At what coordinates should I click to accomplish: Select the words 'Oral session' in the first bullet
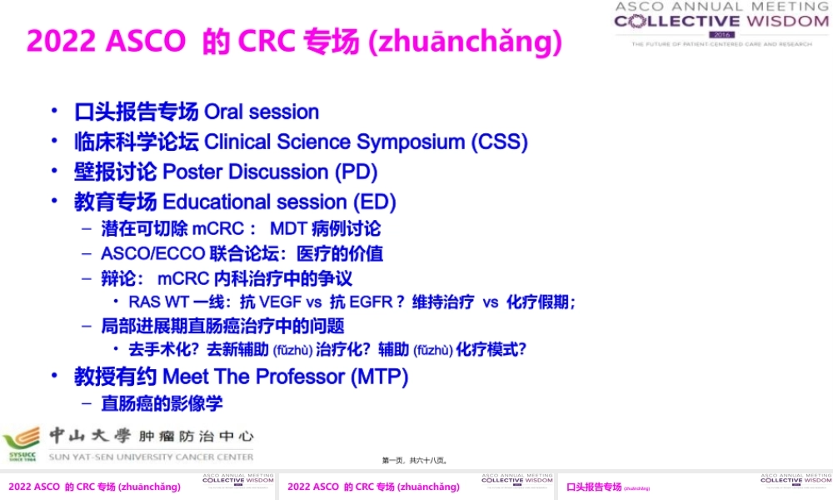tap(262, 112)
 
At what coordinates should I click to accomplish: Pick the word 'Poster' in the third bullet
tap(192, 172)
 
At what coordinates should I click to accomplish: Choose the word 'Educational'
tap(219, 202)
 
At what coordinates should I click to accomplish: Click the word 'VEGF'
tap(281, 302)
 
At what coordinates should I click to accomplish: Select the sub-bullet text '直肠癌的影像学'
tap(162, 403)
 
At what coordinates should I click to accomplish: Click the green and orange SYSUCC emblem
tap(22, 442)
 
